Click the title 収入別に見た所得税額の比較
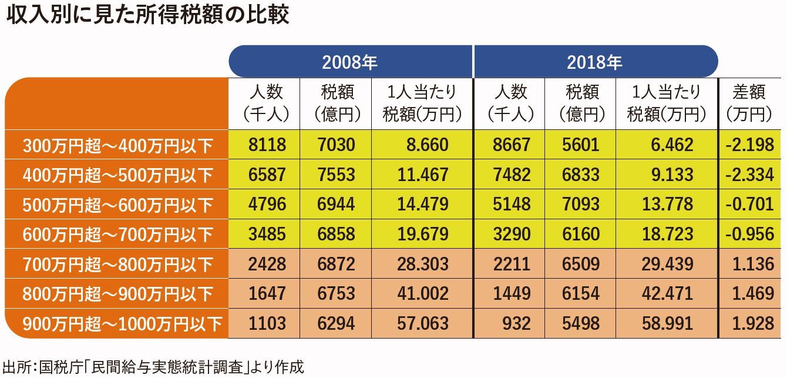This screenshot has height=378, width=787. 147,16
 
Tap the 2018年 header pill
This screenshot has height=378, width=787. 594,61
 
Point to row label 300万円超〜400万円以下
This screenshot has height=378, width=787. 117,145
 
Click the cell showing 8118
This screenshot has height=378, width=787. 267,145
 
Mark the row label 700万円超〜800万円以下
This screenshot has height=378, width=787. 117,264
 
